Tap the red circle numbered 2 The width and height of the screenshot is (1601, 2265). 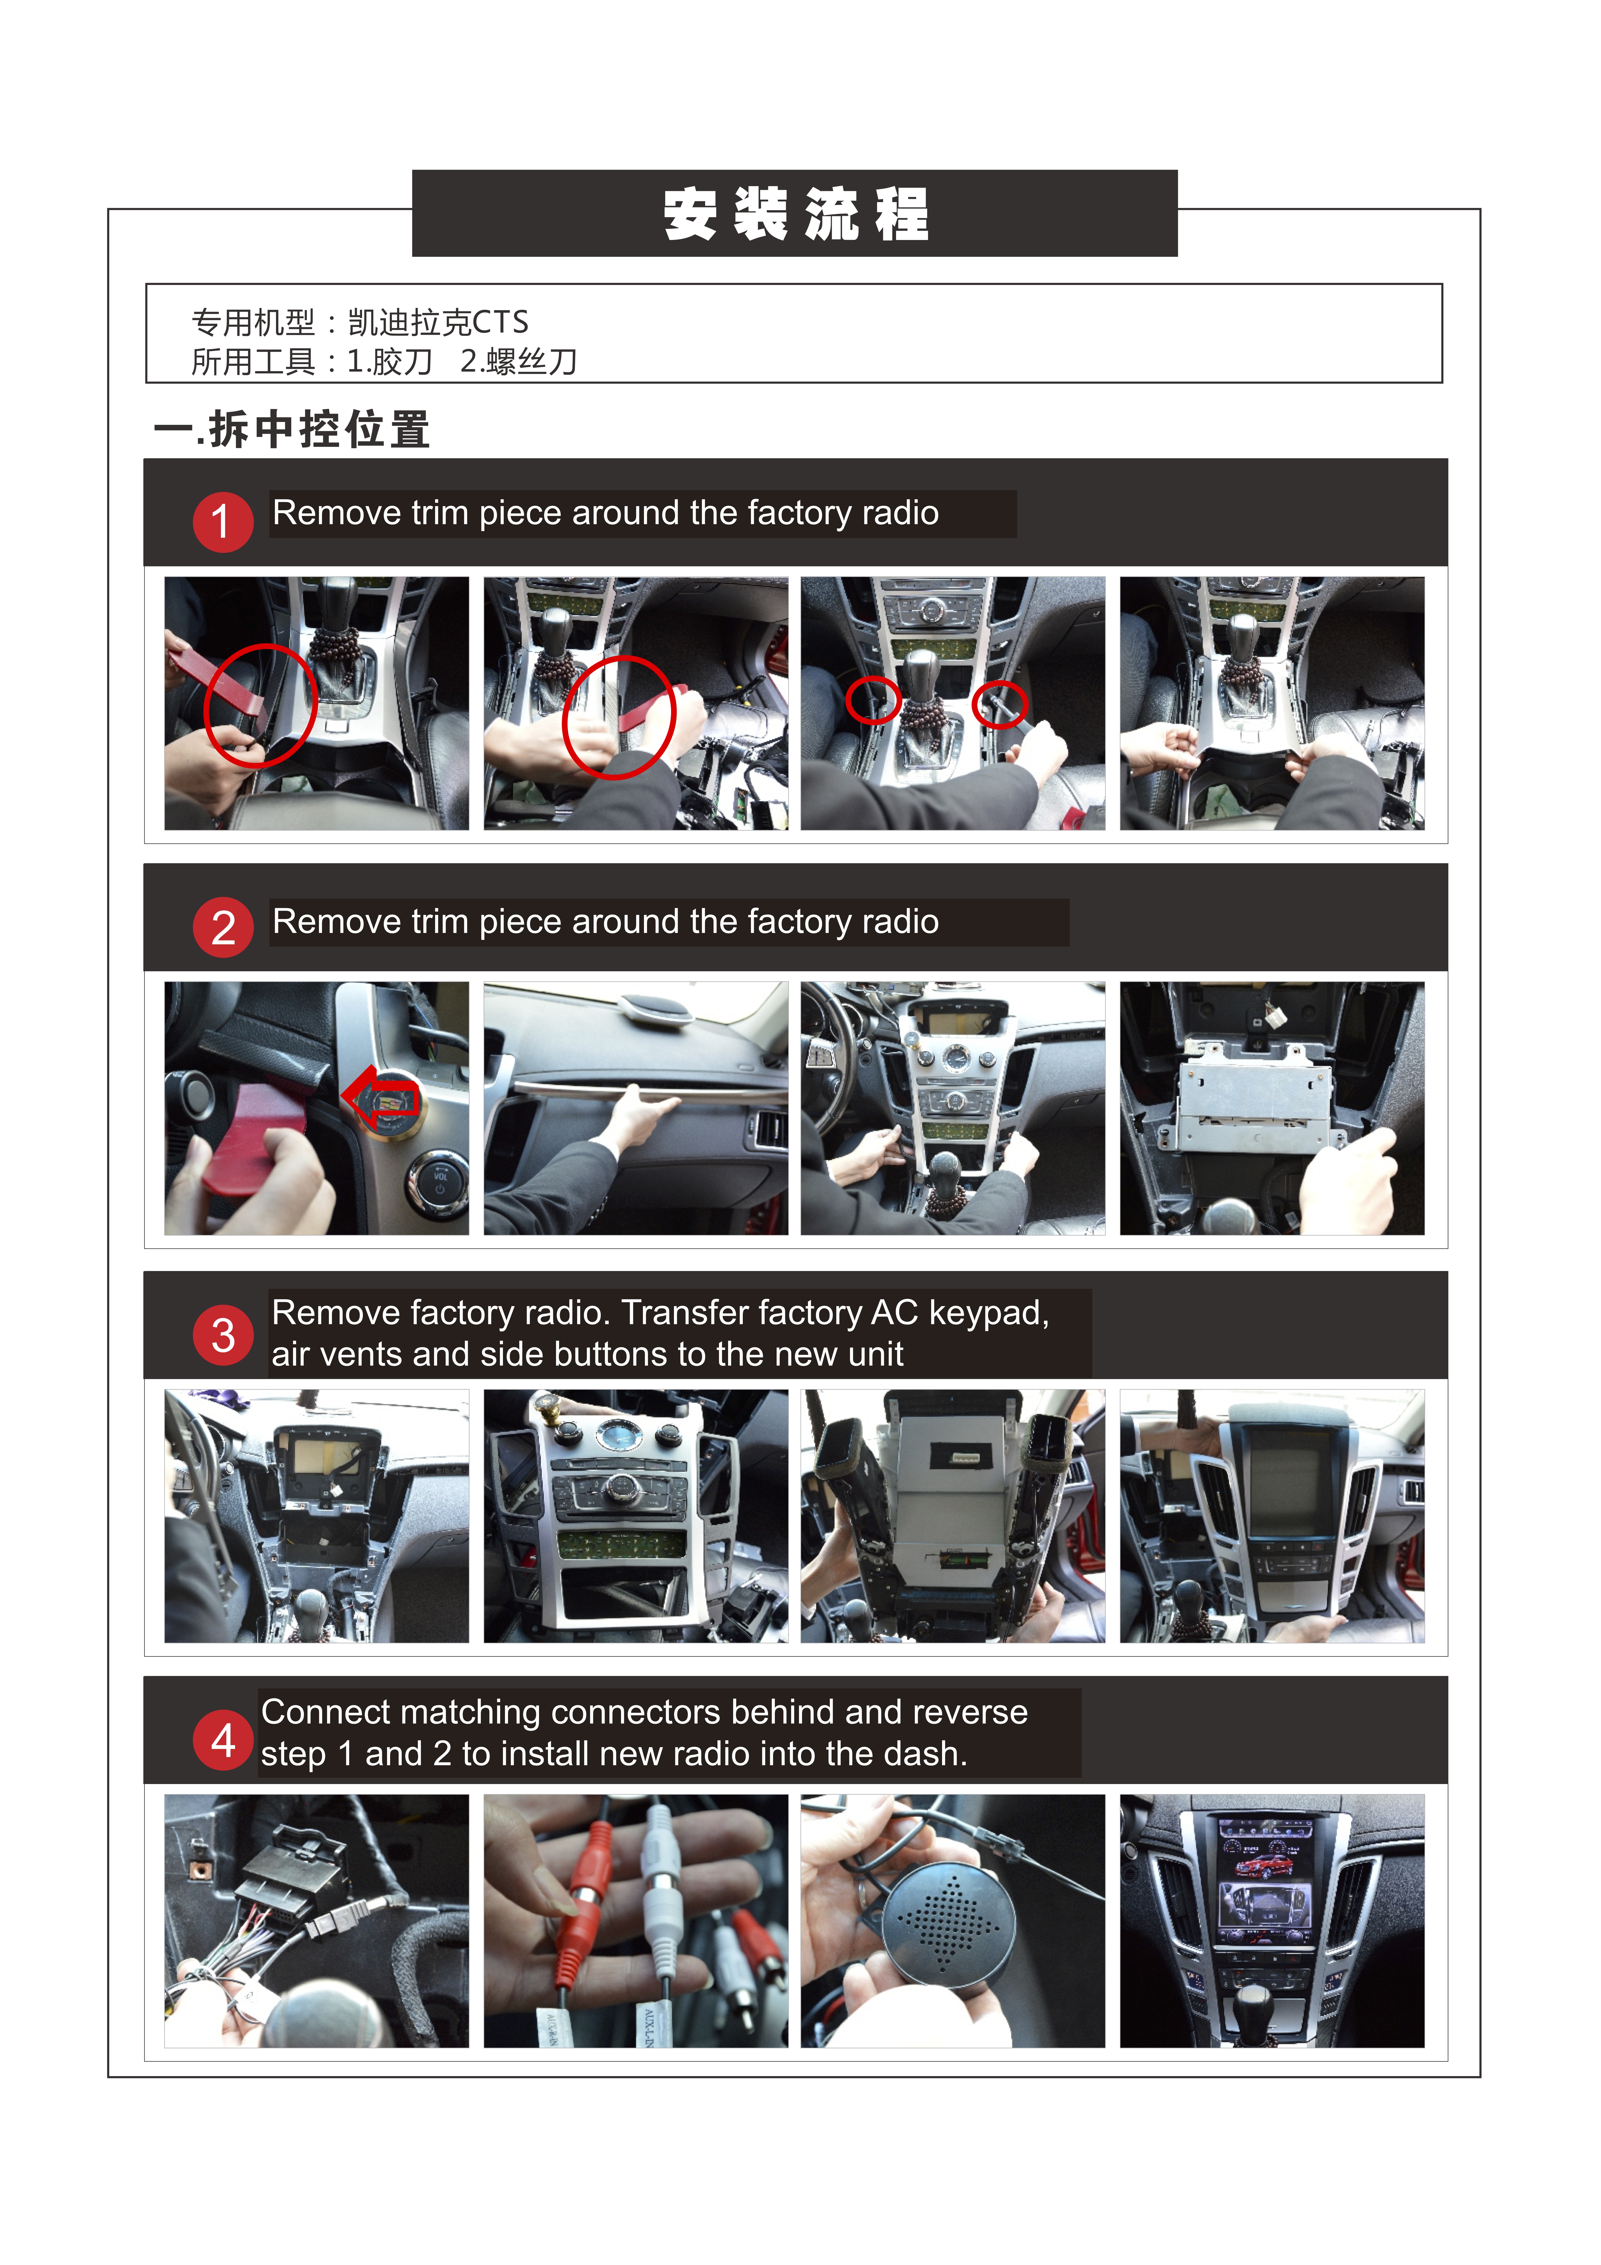pos(223,927)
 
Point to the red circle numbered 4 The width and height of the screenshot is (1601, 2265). pos(223,1740)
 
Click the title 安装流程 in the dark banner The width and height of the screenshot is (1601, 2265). pos(795,214)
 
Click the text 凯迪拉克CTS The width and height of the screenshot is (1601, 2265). pos(438,323)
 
